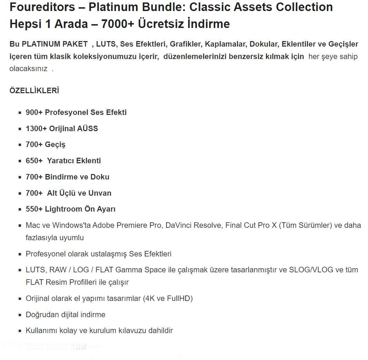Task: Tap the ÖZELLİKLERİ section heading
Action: click(x=34, y=91)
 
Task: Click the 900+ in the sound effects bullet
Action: click(x=34, y=113)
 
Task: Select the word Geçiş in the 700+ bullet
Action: click(x=55, y=145)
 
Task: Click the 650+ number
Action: click(x=34, y=161)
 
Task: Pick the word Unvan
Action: click(x=100, y=193)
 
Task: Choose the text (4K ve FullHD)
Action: click(x=168, y=299)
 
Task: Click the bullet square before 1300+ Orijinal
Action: click(x=20, y=129)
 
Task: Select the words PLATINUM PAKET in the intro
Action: click(x=55, y=44)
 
